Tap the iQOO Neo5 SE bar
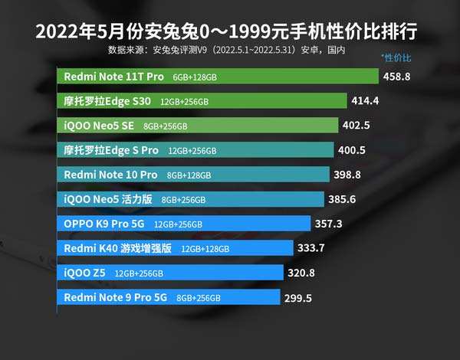[x=197, y=126]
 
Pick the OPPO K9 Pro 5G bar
[x=183, y=224]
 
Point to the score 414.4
[x=366, y=101]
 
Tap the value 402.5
[x=356, y=126]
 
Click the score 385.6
[x=343, y=199]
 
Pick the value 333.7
[x=311, y=248]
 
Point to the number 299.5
[x=297, y=297]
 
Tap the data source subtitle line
[x=227, y=51]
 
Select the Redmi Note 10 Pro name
[x=110, y=175]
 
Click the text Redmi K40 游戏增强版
[x=118, y=248]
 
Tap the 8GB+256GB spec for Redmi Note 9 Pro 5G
[x=199, y=298]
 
